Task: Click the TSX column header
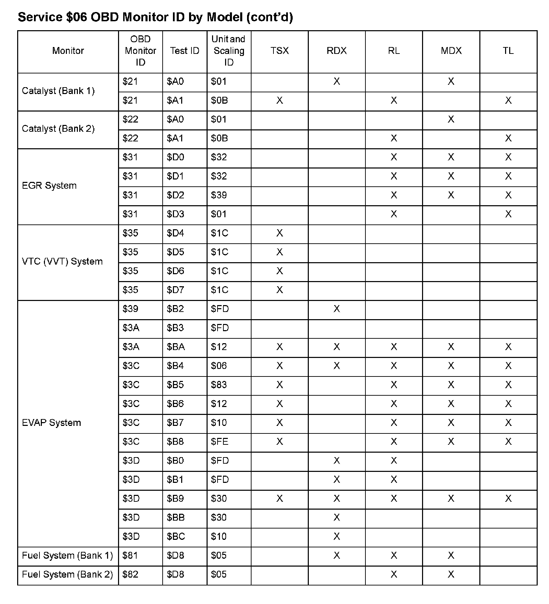click(x=279, y=51)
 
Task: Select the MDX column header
click(x=451, y=51)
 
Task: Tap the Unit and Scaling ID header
click(x=229, y=51)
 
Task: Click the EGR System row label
click(x=49, y=186)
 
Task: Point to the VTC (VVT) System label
click(x=62, y=262)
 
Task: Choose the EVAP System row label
click(x=51, y=422)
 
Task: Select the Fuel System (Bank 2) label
click(x=67, y=574)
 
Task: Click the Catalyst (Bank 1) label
click(x=58, y=91)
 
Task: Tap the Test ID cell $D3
click(x=175, y=214)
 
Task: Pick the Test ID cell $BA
click(x=176, y=347)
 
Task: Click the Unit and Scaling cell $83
click(x=219, y=385)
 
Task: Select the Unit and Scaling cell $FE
click(x=219, y=442)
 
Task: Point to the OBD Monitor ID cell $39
click(x=130, y=309)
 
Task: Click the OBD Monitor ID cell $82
click(x=130, y=574)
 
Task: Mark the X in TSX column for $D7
click(x=279, y=290)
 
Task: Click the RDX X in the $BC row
click(x=337, y=536)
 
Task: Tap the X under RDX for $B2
click(x=337, y=309)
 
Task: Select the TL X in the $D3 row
click(x=508, y=214)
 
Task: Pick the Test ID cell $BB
click(x=176, y=518)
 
